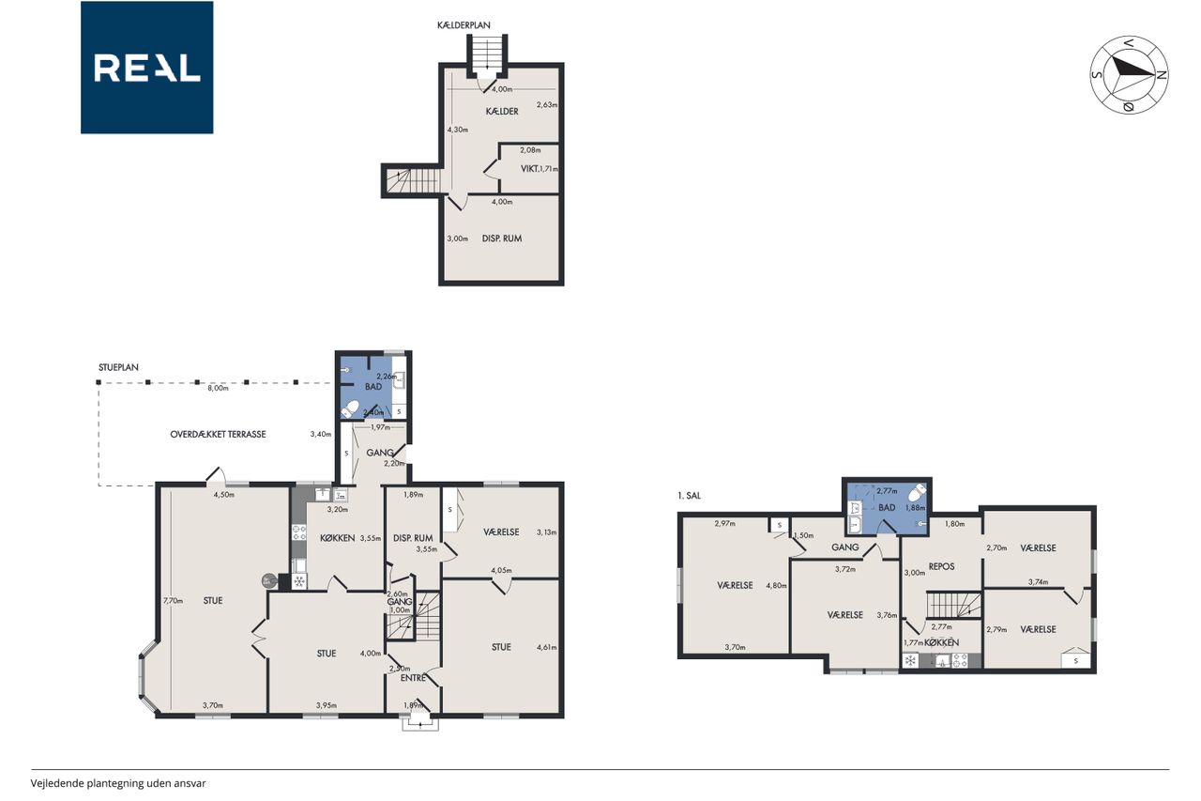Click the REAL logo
point(147,68)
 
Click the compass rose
point(1129,75)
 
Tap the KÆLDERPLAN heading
point(464,25)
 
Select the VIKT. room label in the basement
point(530,169)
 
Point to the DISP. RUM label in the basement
point(502,239)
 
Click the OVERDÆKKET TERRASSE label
point(218,435)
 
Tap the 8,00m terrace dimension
point(219,389)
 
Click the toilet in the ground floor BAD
point(350,409)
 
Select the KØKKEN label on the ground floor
point(337,538)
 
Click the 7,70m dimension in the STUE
point(174,601)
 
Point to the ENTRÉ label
point(413,678)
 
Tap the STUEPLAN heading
point(118,367)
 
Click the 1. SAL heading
point(689,496)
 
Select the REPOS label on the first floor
point(941,566)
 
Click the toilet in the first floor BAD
point(919,492)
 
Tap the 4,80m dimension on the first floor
point(776,586)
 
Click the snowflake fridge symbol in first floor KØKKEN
point(910,660)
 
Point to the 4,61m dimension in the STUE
point(547,648)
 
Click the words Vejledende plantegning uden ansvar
point(118,783)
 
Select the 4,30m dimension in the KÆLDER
point(457,130)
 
